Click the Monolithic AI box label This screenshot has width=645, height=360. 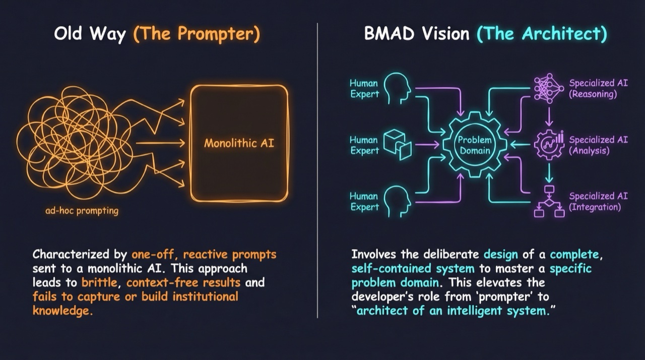[x=239, y=143]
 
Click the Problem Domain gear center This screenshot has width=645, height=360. [x=474, y=145]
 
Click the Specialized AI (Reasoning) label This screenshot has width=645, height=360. [x=598, y=89]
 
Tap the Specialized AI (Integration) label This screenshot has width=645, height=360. [x=598, y=201]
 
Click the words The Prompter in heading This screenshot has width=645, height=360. [x=197, y=34]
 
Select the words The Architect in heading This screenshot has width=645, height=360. [x=542, y=34]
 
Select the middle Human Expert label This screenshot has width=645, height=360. [x=364, y=145]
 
